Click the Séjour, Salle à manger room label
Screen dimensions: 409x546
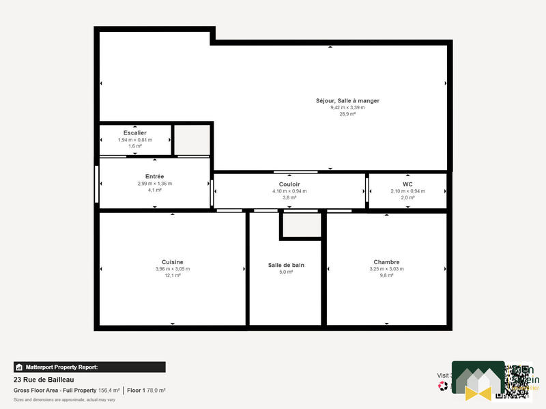(x=347, y=100)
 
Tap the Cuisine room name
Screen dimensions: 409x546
(x=172, y=262)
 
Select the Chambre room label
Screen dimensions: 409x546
(x=386, y=262)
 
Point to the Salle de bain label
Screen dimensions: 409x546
(x=285, y=265)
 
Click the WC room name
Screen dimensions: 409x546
(x=407, y=184)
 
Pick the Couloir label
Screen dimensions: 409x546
(x=289, y=184)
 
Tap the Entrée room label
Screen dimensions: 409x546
(x=154, y=176)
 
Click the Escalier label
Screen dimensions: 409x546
(x=135, y=132)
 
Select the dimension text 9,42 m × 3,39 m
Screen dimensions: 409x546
(x=347, y=107)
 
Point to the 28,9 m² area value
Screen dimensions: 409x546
(x=347, y=114)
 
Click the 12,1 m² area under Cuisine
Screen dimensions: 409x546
(x=172, y=275)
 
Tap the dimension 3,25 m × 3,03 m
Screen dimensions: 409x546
(x=386, y=269)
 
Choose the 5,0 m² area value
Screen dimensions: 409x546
(x=285, y=272)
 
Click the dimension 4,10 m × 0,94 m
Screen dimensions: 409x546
(x=289, y=191)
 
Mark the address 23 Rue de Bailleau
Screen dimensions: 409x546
(x=44, y=380)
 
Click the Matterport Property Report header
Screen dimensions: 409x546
(x=61, y=367)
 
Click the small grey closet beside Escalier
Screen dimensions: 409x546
(x=192, y=139)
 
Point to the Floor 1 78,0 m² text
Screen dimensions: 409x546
(x=146, y=390)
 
